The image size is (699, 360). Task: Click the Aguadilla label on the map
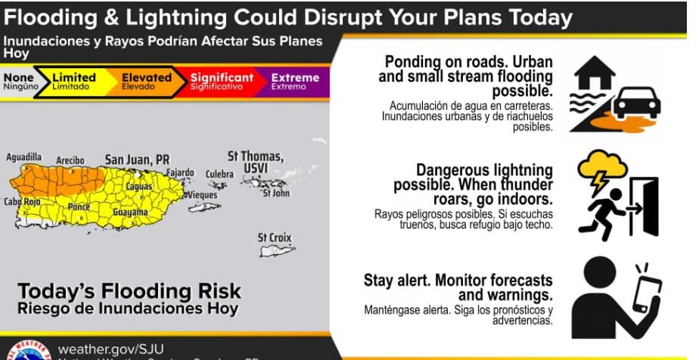25,157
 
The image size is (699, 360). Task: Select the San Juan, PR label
136,160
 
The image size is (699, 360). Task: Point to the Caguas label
138,185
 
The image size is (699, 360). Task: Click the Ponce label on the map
79,206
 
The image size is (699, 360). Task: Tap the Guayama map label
129,213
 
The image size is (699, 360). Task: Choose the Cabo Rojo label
22,201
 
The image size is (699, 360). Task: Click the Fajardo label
180,172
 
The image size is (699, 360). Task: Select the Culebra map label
219,174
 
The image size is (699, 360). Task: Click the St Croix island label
274,237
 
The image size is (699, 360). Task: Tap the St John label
275,194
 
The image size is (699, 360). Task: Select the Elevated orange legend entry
142,81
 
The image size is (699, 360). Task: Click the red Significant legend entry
221,81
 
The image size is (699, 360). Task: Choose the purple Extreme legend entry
294,81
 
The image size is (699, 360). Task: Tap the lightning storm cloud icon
602,169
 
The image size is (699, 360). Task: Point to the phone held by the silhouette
647,291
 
